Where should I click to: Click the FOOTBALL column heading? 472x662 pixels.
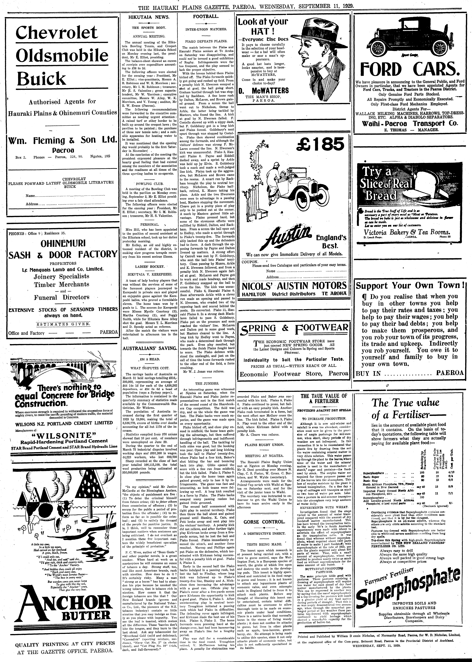click(x=206, y=17)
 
